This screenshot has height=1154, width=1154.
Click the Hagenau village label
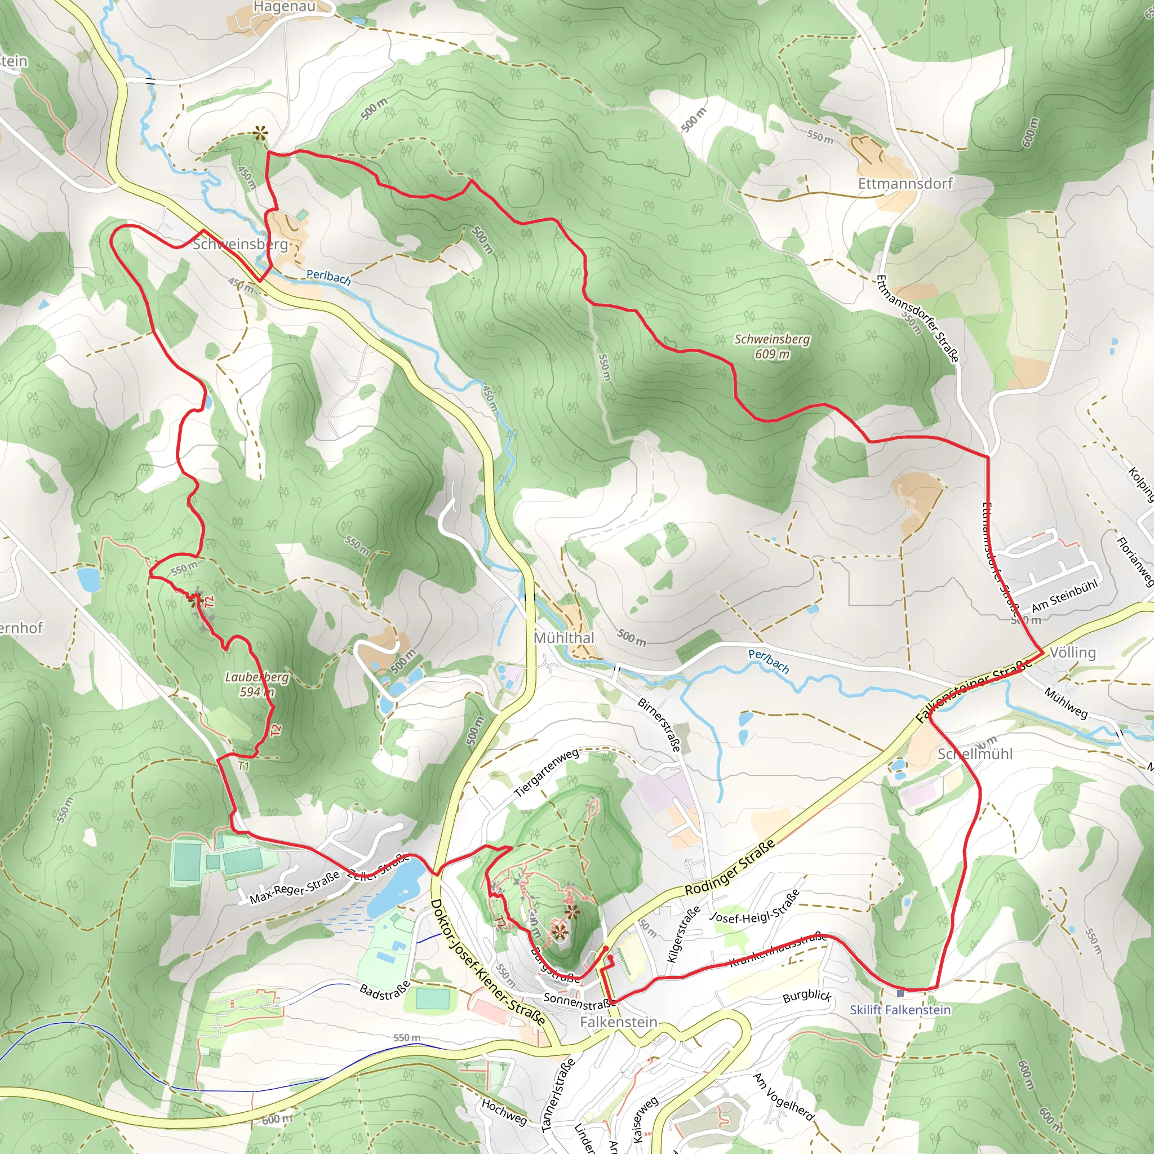pos(284,7)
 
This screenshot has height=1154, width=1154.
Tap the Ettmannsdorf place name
pos(905,183)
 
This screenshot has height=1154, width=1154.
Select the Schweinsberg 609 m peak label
pos(772,347)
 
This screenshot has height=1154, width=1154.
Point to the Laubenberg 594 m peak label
pos(257,685)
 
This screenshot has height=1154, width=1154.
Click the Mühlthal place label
pos(563,638)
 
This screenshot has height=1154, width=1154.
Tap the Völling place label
pos(1072,653)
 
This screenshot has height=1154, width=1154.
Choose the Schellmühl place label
pos(975,754)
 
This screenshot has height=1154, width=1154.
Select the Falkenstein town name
pos(618,1022)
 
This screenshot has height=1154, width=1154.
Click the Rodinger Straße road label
pos(729,867)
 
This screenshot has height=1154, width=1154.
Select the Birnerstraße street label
pos(659,724)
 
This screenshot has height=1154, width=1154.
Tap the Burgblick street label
pos(806,995)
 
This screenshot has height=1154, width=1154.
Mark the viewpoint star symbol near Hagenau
pos(259,133)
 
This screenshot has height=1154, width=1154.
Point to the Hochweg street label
pos(504,1111)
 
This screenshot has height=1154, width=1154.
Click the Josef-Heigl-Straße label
pos(754,907)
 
